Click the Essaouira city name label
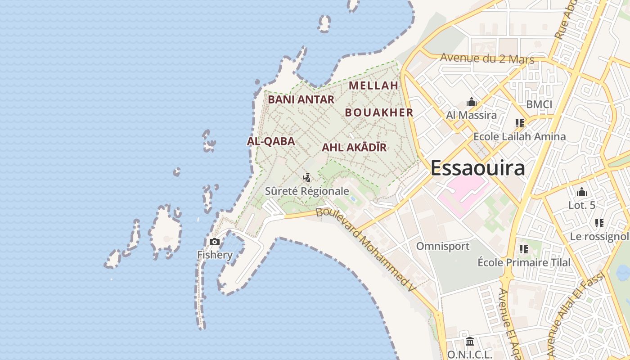click(x=477, y=168)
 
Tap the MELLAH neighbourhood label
click(x=373, y=85)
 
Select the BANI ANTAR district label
click(x=301, y=99)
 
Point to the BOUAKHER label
click(x=379, y=112)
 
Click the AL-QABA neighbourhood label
click(x=271, y=141)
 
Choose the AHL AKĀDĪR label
click(x=354, y=147)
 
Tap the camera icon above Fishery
click(x=215, y=242)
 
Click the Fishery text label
click(x=215, y=255)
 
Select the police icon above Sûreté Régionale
click(x=307, y=178)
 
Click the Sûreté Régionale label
click(x=307, y=191)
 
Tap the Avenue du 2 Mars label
click(x=487, y=58)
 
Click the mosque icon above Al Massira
click(x=472, y=102)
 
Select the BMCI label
click(x=539, y=104)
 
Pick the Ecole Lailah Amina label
click(x=519, y=136)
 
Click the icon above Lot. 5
click(x=582, y=192)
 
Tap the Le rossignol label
click(x=599, y=236)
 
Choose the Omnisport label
click(x=442, y=246)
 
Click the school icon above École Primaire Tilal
click(x=523, y=249)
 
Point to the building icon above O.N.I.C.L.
click(x=470, y=342)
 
